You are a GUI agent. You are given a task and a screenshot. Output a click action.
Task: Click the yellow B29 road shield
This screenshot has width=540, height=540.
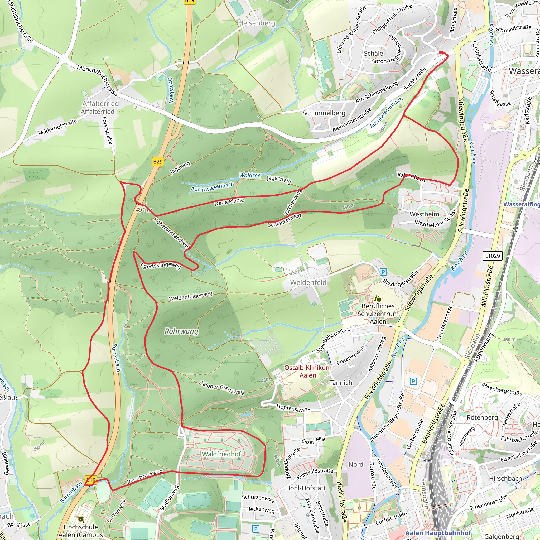coord(158,162)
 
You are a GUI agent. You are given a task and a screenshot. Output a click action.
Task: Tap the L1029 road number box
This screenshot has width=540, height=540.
coord(492,256)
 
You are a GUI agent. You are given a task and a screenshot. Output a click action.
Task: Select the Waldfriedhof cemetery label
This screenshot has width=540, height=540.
coord(221,454)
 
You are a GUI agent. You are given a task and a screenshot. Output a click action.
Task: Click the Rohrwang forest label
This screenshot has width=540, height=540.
coord(181,331)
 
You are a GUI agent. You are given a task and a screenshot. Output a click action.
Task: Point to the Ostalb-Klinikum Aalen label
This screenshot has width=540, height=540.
coord(308,372)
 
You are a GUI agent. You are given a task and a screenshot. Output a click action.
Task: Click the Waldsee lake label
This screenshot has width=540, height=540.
coord(250,175)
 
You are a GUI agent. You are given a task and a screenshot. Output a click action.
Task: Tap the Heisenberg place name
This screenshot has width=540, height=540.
coord(257,23)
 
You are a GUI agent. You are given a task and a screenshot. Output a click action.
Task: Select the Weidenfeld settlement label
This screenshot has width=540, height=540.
coord(308,283)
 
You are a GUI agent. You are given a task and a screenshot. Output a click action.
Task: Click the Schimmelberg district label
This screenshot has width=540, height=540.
coord(324,113)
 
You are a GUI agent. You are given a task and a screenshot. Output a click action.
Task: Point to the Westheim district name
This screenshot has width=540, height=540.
coord(424,214)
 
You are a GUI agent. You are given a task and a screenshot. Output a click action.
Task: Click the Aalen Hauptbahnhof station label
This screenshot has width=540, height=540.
coord(438,533)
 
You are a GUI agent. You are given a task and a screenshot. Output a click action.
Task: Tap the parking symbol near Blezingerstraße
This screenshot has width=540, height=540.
coord(383,272)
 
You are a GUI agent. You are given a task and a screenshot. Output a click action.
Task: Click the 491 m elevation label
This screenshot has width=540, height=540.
coord(144,210)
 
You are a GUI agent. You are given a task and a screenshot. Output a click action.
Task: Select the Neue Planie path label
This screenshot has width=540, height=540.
coord(229,202)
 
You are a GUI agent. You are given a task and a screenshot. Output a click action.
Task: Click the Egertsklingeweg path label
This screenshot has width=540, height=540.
coord(160,266)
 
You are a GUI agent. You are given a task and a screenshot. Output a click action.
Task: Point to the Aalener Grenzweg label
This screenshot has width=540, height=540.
coord(221,387)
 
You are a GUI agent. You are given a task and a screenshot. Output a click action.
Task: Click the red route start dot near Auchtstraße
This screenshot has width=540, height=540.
coord(440,52)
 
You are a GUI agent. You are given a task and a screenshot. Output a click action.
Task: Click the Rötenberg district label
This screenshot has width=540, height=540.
coord(482,417)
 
